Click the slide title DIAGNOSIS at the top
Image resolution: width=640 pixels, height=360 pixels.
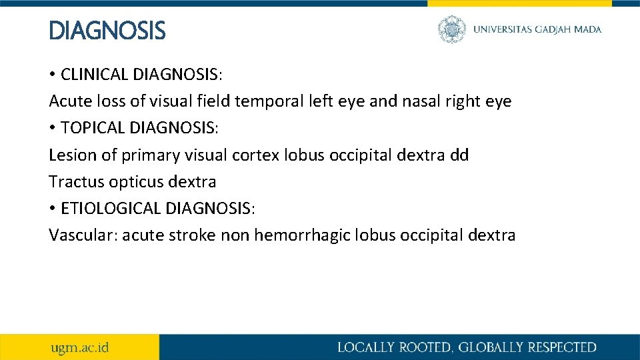[x=107, y=31]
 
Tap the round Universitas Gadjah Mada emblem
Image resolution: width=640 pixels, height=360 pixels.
[x=452, y=29]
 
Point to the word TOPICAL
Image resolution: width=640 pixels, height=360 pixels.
[x=91, y=128]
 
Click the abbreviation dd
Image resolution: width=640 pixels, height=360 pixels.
[x=459, y=155]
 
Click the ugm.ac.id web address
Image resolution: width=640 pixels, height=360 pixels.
[x=80, y=347]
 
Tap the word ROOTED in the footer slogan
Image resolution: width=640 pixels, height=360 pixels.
[x=414, y=347]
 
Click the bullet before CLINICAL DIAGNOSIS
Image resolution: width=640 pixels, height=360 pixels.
[x=53, y=75]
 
